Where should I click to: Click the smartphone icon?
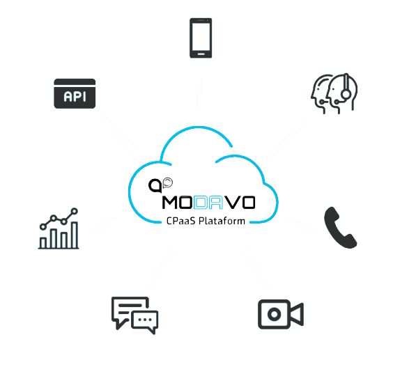point(201,38)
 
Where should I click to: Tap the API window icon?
point(75,93)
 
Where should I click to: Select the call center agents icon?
point(334,93)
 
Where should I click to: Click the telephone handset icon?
point(340,228)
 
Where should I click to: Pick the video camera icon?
point(281,314)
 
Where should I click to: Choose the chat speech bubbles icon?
point(134,315)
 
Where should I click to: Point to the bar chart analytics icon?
point(59,228)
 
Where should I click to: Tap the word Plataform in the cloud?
point(222,221)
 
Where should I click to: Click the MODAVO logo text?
point(208,203)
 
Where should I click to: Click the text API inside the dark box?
point(75,97)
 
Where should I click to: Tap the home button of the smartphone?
point(201,54)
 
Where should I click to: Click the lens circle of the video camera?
point(275,315)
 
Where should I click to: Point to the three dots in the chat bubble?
point(145,320)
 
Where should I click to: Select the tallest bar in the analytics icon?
point(75,235)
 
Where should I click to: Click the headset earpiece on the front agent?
point(346,94)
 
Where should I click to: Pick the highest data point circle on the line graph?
point(75,211)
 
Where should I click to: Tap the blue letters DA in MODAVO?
point(208,203)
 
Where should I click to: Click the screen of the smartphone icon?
point(201,37)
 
